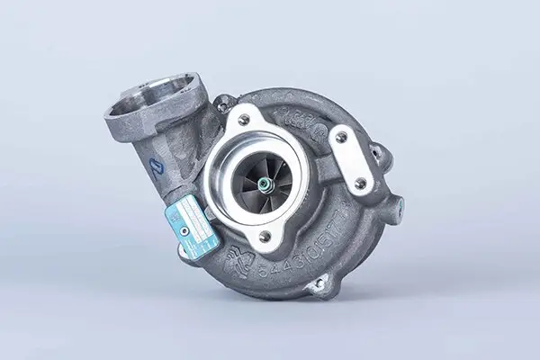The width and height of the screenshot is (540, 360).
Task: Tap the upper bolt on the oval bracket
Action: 340,138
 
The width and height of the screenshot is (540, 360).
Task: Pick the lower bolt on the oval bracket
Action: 360,183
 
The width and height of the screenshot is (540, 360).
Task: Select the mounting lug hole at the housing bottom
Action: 317,285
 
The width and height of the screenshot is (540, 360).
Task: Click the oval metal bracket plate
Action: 350,160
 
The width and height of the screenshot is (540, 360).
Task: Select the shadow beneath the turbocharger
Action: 270,310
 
